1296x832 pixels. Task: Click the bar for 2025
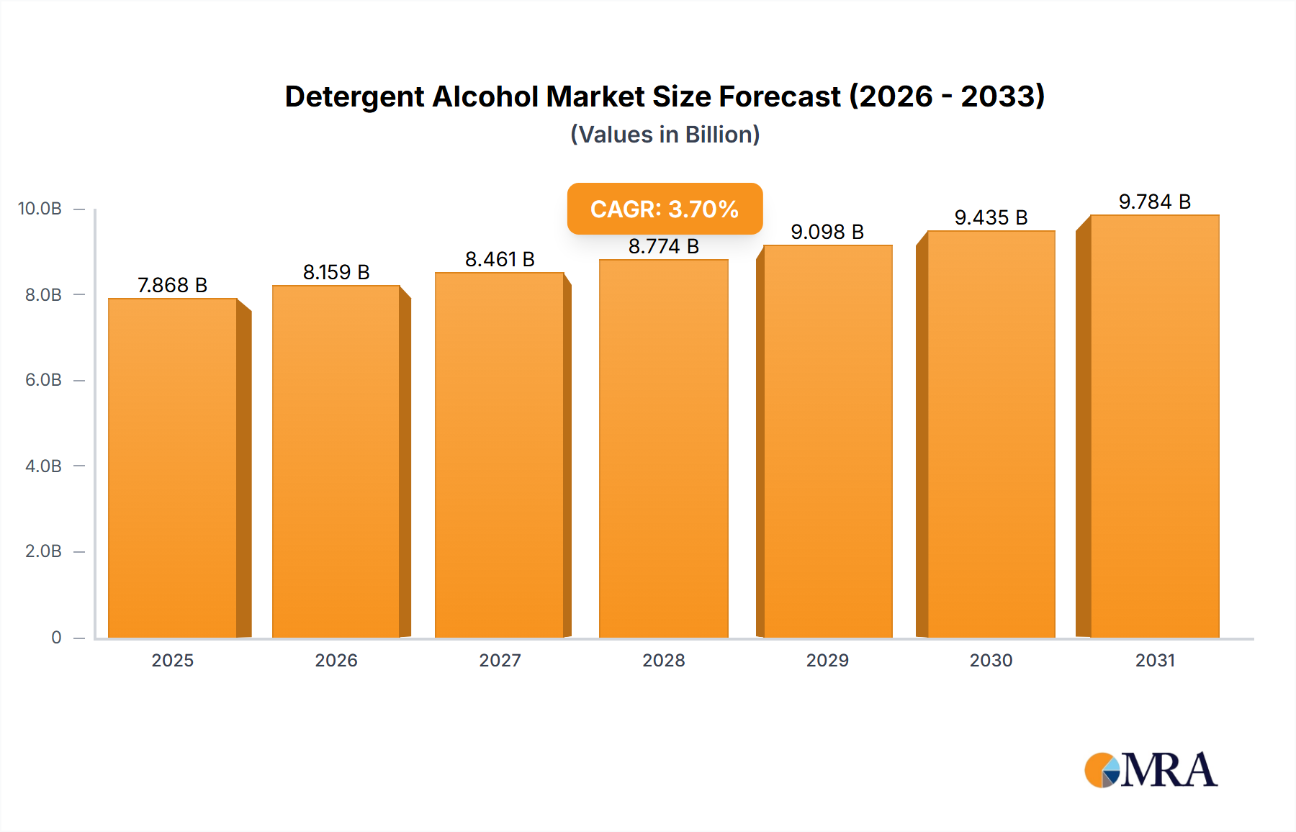pos(173,468)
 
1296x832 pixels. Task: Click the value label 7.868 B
pos(173,285)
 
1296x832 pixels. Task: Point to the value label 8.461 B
pos(500,259)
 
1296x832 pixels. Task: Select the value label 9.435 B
pos(991,217)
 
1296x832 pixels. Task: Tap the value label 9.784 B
pos(1154,202)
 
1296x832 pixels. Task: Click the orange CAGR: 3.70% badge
pos(665,209)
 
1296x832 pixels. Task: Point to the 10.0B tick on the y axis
pos(40,209)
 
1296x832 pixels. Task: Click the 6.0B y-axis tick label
pos(43,380)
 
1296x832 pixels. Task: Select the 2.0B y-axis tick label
pos(43,551)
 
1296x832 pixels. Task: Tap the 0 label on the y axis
pos(56,637)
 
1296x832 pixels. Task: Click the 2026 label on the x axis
pos(336,660)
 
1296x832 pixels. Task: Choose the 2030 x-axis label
pos(991,660)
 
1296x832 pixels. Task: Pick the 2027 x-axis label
pos(500,660)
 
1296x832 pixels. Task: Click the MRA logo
pos(1151,770)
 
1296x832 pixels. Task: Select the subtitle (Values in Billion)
pos(665,135)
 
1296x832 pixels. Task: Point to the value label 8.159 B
pos(336,272)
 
